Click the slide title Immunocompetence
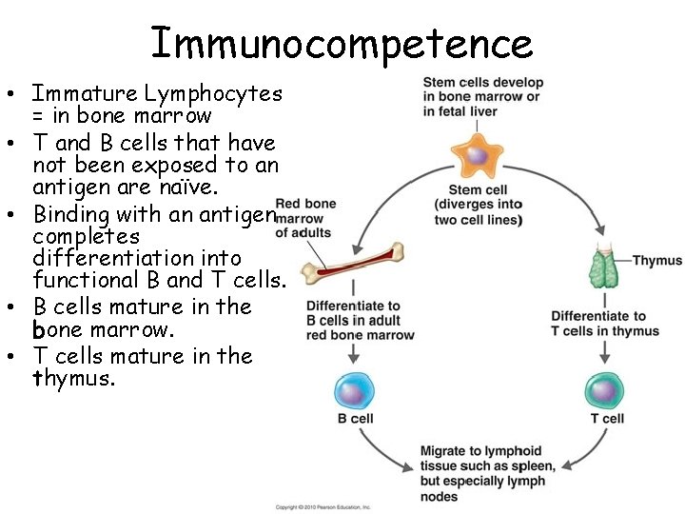click(x=342, y=43)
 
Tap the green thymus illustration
click(x=604, y=265)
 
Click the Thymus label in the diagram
click(x=656, y=261)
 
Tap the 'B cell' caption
click(x=355, y=419)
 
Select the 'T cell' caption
click(x=607, y=419)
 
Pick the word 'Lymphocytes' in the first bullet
click(x=213, y=93)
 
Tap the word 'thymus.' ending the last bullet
click(x=74, y=379)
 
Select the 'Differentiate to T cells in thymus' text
click(x=605, y=324)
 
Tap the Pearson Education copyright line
click(x=323, y=507)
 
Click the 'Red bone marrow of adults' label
click(x=304, y=218)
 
